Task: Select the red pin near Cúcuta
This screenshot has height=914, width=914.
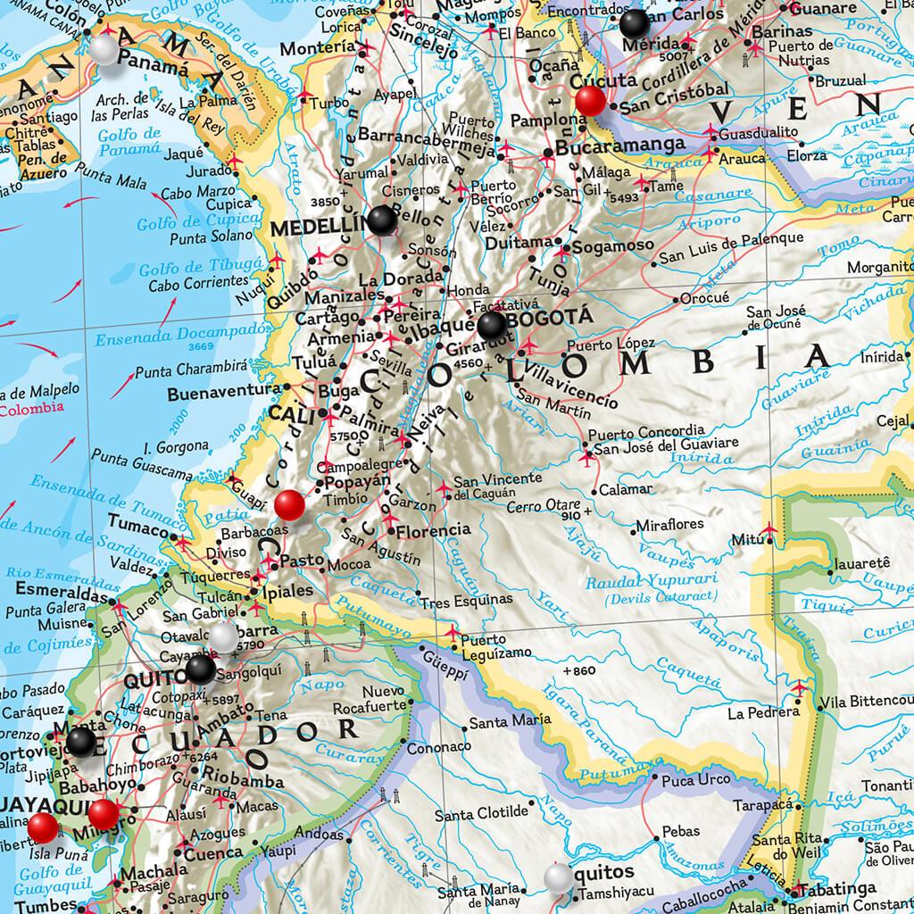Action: tap(590, 101)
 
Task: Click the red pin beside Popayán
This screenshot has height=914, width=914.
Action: tap(290, 505)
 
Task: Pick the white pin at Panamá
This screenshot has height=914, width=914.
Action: tap(104, 50)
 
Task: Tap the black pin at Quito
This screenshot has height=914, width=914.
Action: tap(201, 669)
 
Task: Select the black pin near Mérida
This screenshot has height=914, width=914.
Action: tap(636, 22)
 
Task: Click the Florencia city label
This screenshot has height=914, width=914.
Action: tap(432, 530)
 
